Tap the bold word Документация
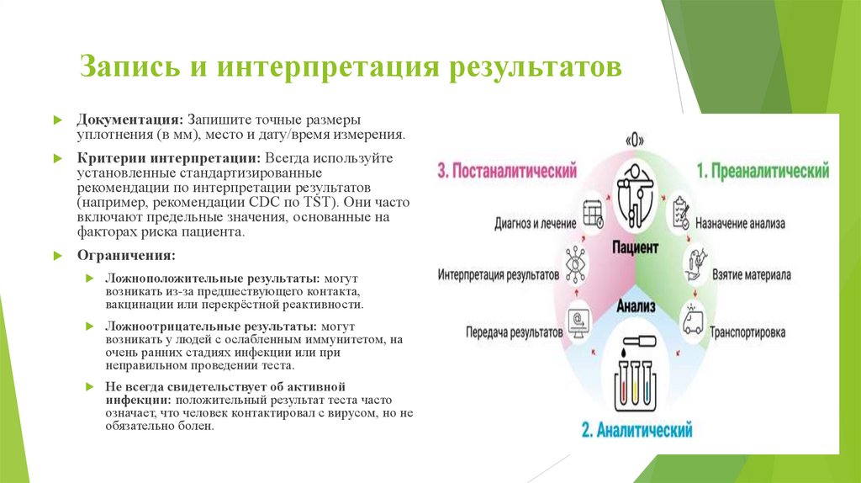pyautogui.click(x=130, y=119)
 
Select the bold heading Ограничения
pyautogui.click(x=127, y=255)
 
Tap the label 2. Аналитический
pyautogui.click(x=637, y=431)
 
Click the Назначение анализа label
pyautogui.click(x=748, y=224)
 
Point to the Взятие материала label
pyautogui.click(x=751, y=275)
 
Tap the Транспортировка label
pyautogui.click(x=747, y=332)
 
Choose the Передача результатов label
pyautogui.click(x=514, y=332)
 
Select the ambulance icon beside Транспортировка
pyautogui.click(x=693, y=321)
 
